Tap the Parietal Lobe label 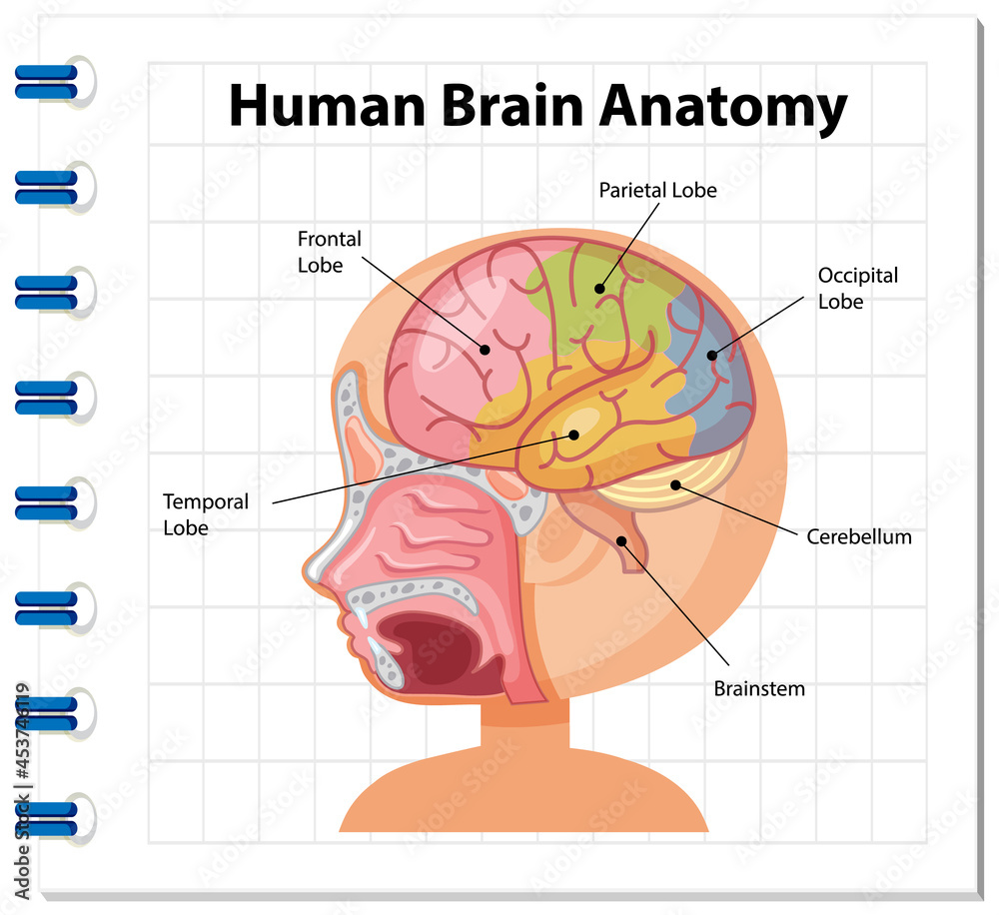pyautogui.click(x=657, y=189)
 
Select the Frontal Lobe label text pyautogui.click(x=329, y=252)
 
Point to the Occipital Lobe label pyautogui.click(x=857, y=288)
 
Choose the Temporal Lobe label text pyautogui.click(x=206, y=513)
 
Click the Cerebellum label pyautogui.click(x=858, y=536)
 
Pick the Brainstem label pyautogui.click(x=758, y=688)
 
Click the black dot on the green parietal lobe pyautogui.click(x=600, y=289)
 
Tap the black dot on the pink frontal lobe pyautogui.click(x=485, y=350)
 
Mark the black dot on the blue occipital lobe pyautogui.click(x=712, y=354)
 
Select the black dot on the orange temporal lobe pyautogui.click(x=574, y=435)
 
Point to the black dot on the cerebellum pyautogui.click(x=675, y=485)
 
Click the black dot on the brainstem pyautogui.click(x=621, y=540)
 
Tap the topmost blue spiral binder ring pyautogui.click(x=46, y=80)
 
